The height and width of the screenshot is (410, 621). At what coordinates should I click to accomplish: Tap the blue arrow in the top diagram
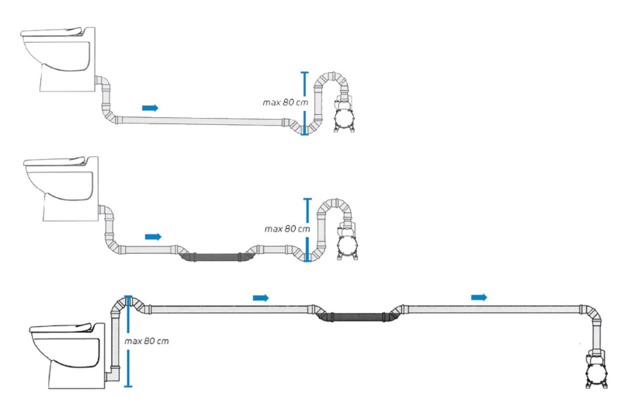tap(151, 107)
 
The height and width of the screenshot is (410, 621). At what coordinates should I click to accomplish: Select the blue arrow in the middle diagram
tap(154, 236)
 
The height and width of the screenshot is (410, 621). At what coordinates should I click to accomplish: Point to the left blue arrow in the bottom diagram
tap(261, 297)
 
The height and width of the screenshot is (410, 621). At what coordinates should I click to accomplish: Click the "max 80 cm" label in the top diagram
tap(285, 102)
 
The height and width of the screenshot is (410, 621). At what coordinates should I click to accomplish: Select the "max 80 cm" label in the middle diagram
tap(286, 229)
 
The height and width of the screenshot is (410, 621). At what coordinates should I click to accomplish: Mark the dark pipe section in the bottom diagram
tap(352, 316)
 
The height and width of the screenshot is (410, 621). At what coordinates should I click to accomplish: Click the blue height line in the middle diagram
tap(307, 230)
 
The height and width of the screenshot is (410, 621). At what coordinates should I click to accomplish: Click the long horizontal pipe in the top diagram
tap(202, 120)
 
